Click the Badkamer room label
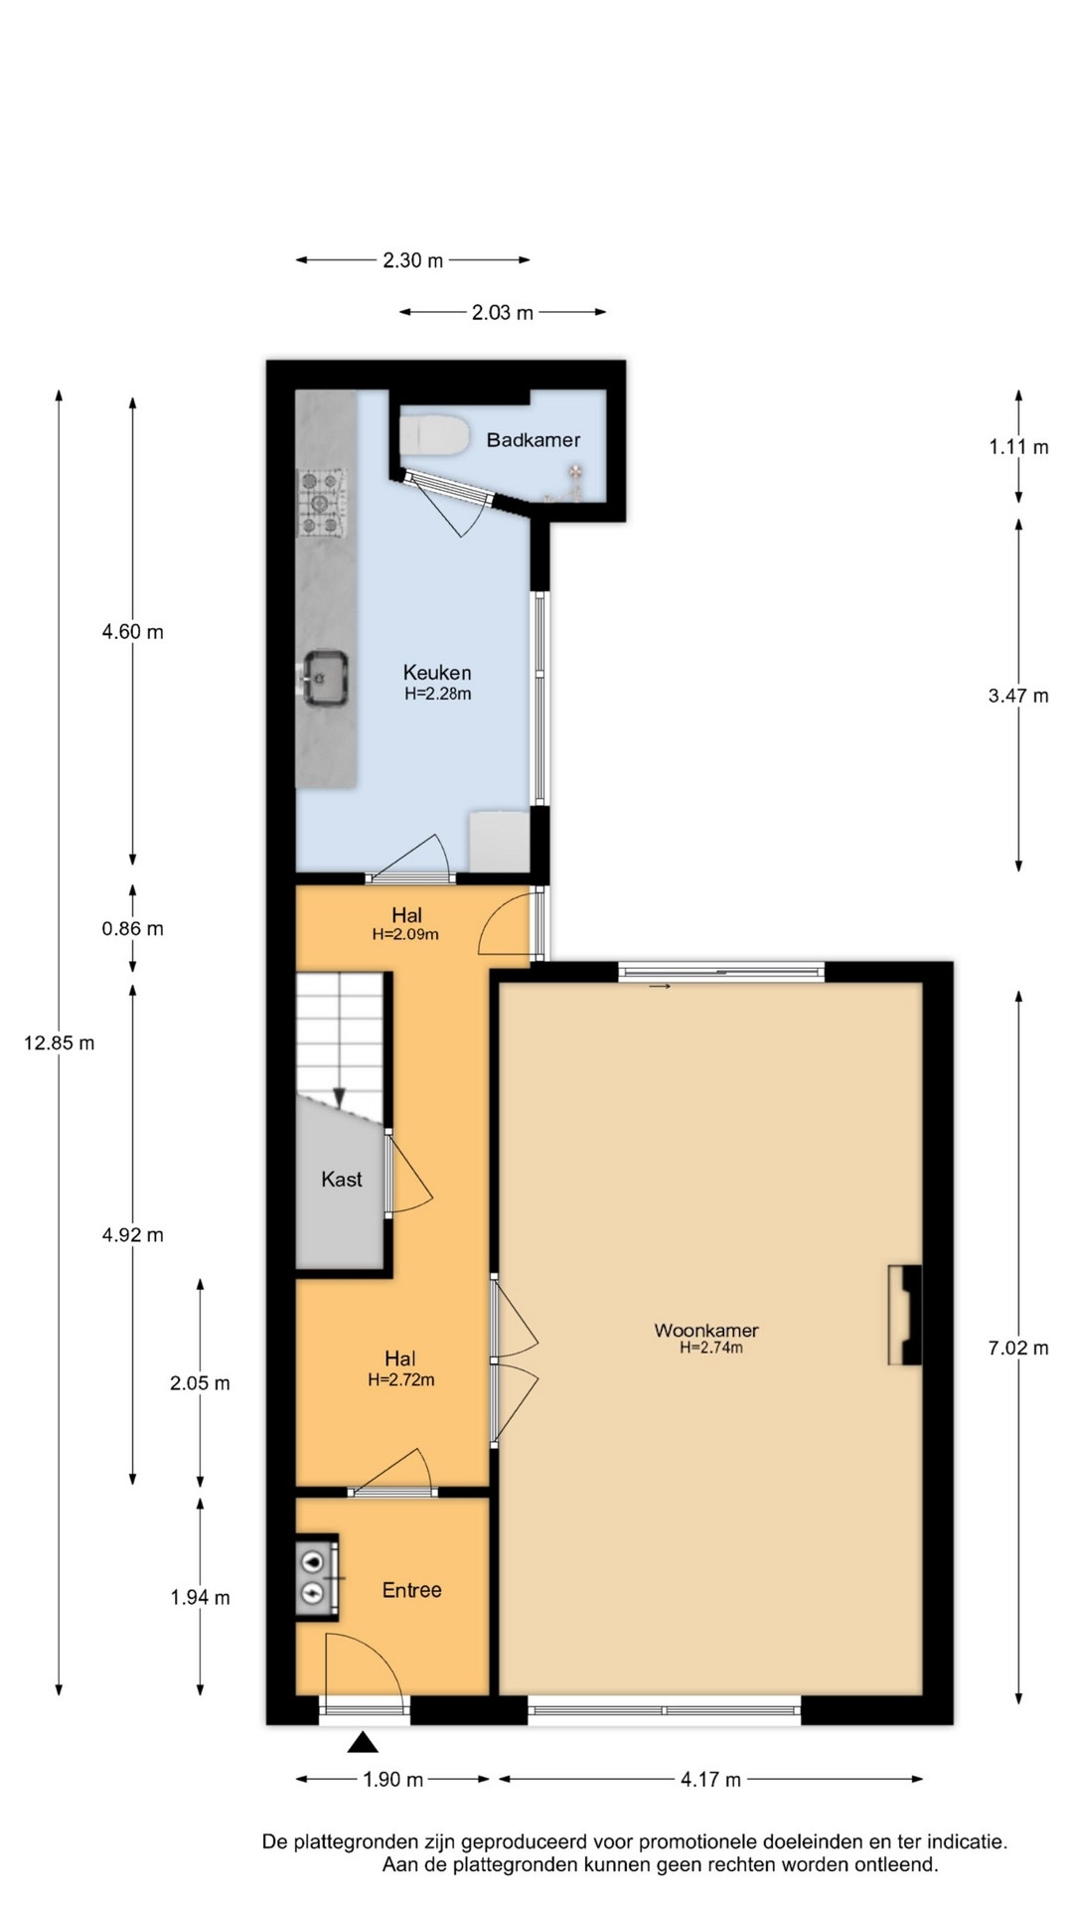tap(534, 439)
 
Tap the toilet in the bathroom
tap(434, 435)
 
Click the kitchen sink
tap(324, 677)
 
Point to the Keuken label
tap(437, 673)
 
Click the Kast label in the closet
tap(342, 1180)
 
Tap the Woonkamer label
tap(706, 1330)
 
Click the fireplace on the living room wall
tap(904, 1315)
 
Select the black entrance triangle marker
tap(364, 1741)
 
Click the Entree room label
tap(412, 1590)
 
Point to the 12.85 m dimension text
tap(60, 1042)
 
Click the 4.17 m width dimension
tap(711, 1779)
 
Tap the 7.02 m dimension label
tap(1018, 1348)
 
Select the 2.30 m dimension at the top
tap(413, 260)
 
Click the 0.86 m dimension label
tap(133, 928)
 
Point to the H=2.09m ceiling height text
tap(405, 934)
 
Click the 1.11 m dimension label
tap(1018, 447)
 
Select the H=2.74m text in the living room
tap(711, 1348)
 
